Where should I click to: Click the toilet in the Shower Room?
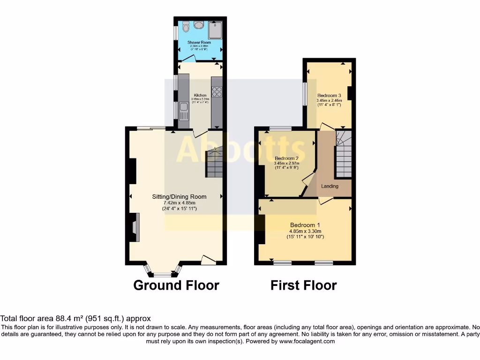(186, 27)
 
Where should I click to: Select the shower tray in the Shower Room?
(216, 29)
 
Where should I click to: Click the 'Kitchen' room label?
(200, 95)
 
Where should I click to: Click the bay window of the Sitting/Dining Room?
(163, 272)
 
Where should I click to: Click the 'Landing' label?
(330, 186)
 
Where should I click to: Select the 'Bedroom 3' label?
(329, 95)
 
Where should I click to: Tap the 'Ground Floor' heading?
(176, 285)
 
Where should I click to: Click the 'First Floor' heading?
(303, 285)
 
